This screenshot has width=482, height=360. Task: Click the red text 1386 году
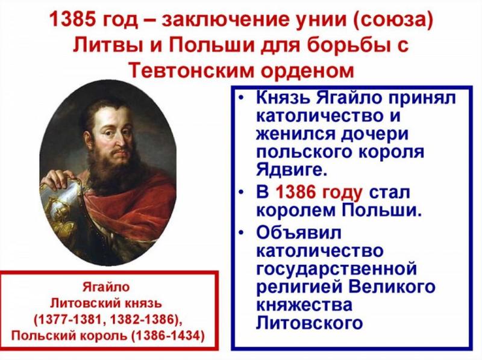(x=318, y=194)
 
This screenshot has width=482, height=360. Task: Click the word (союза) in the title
(x=397, y=20)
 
